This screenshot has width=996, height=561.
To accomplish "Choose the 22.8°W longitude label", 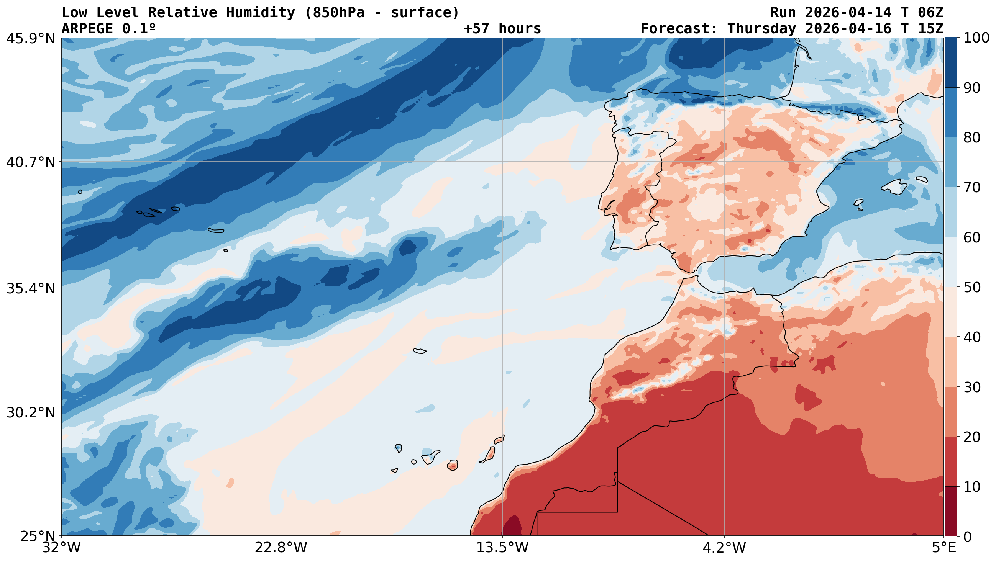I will coord(281,548).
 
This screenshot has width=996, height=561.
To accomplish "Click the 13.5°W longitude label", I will coord(502,548).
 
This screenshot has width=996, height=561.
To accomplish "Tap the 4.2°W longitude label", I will coord(724,548).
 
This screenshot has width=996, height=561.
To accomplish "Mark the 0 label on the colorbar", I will coord(966,536).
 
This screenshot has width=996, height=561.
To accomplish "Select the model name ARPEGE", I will coord(87,29).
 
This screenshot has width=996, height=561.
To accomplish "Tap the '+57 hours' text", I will coord(502,29).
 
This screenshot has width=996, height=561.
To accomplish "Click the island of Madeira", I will coord(420,351).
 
